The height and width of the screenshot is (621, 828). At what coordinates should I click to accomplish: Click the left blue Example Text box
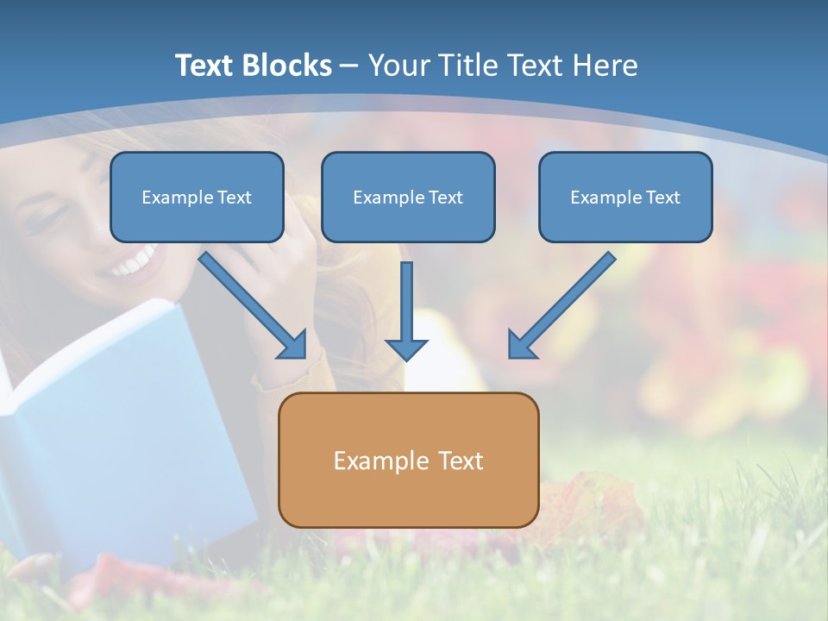[x=197, y=197]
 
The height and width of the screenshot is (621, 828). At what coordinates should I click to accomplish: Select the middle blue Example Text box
[x=408, y=197]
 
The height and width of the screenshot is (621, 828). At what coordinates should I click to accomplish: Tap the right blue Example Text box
[x=625, y=197]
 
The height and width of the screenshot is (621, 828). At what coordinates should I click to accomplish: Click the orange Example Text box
[x=408, y=460]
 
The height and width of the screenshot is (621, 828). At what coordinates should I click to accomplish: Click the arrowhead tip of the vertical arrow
[x=406, y=358]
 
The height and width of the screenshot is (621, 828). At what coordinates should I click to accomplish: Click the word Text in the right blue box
[x=663, y=198]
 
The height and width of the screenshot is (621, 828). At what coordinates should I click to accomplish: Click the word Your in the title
[x=398, y=66]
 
